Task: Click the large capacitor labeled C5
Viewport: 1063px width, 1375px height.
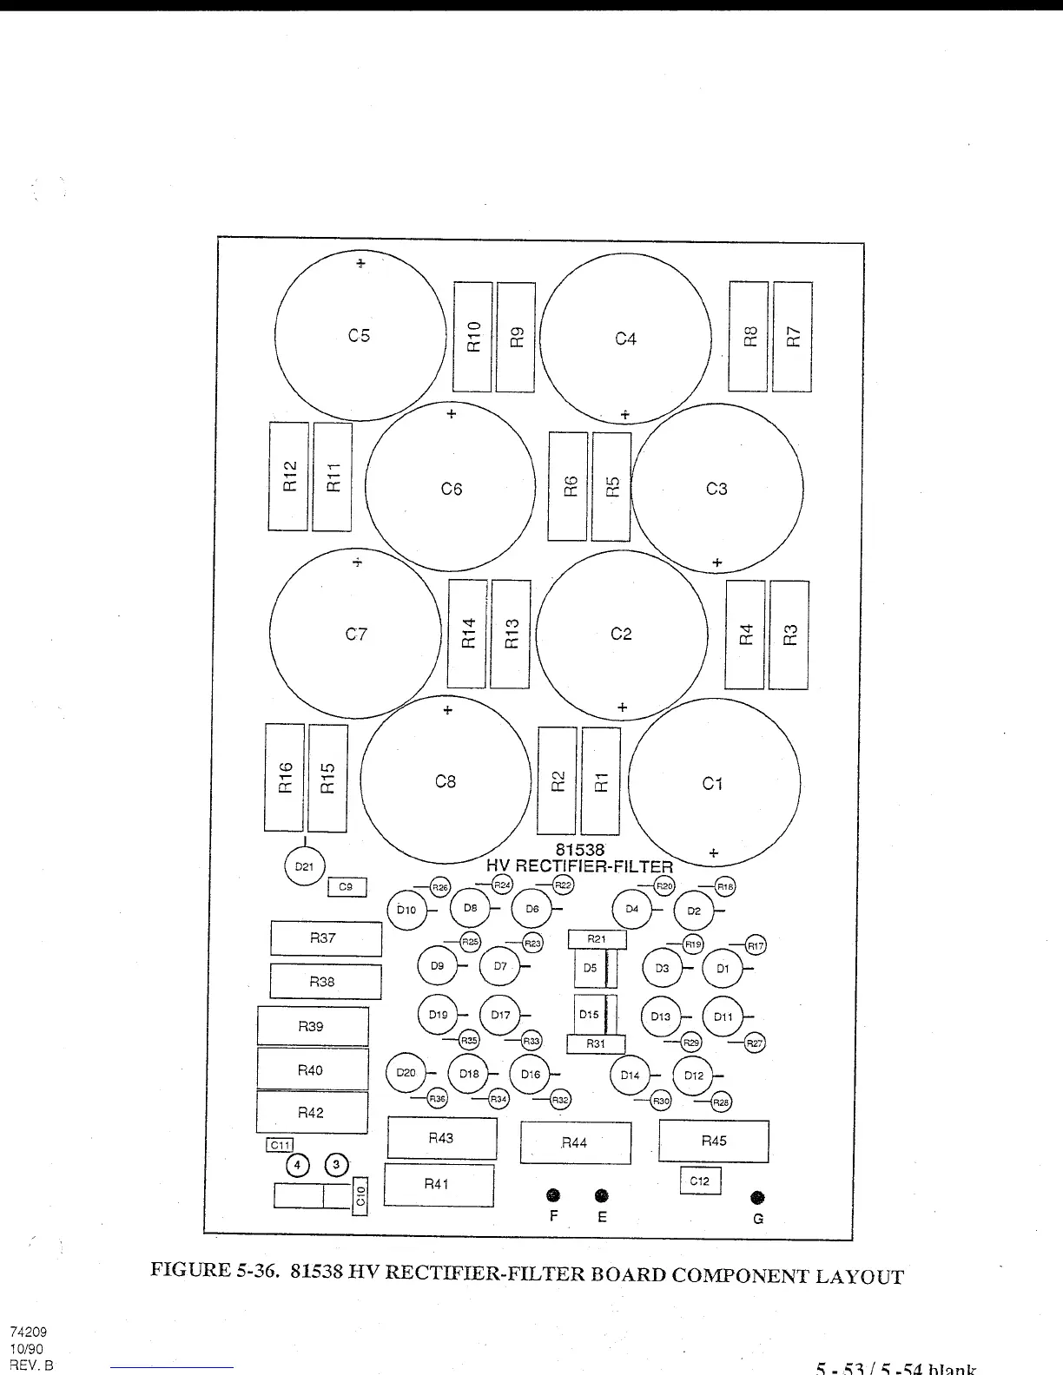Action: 360,335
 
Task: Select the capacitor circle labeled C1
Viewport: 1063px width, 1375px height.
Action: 713,784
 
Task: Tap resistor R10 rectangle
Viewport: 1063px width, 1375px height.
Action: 472,337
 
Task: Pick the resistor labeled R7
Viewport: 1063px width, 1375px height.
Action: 792,337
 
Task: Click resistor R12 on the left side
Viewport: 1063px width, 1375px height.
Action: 288,477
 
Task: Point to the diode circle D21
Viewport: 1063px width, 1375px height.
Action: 304,866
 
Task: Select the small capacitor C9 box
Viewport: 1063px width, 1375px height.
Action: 347,887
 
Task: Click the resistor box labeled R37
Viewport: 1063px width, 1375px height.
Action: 326,938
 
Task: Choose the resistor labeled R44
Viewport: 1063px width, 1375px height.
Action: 575,1142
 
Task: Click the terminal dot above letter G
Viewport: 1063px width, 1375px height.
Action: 757,1198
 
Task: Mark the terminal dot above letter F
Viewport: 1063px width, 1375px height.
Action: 553,1196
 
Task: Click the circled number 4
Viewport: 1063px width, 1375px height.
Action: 298,1165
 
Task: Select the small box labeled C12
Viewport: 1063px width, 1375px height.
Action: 700,1181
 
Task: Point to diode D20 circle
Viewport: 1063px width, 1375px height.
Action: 406,1073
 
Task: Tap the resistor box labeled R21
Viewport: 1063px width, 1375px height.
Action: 597,939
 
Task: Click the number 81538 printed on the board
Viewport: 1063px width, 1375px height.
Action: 579,851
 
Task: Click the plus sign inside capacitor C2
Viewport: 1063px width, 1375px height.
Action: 622,708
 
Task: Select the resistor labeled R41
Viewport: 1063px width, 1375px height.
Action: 439,1185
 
